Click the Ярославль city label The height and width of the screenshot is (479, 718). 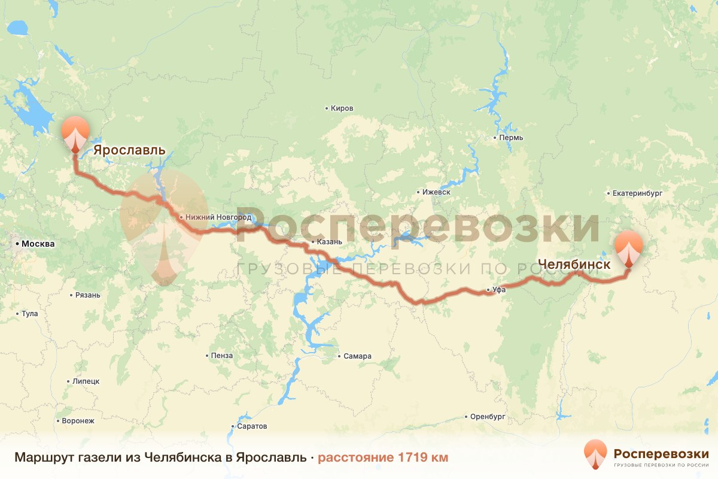tap(129, 150)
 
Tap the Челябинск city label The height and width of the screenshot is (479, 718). tap(574, 264)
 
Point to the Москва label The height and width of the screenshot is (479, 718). tap(38, 244)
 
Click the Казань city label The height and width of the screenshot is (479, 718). tap(330, 242)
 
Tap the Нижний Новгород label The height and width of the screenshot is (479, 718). tap(218, 217)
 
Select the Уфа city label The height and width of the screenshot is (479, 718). tap(500, 290)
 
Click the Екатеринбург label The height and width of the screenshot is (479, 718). tap(638, 194)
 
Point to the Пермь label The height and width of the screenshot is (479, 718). tap(511, 138)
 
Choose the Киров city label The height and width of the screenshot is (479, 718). tap(342, 108)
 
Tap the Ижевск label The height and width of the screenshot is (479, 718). tap(436, 192)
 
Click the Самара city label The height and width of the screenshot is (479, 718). tap(357, 356)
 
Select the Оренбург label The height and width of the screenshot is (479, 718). tap(488, 416)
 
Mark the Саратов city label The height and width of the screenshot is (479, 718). tap(251, 426)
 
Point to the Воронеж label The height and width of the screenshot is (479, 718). tap(78, 420)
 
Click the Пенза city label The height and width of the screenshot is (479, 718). tap(221, 356)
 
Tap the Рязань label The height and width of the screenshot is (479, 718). tap(88, 295)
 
